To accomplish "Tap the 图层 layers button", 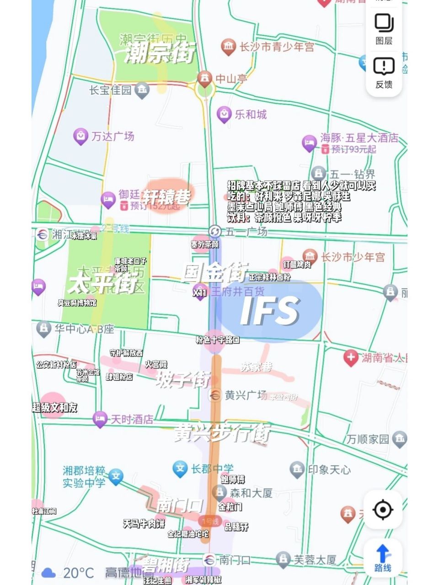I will (384, 28).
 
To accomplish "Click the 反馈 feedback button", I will (384, 72).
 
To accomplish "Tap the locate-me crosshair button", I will (383, 510).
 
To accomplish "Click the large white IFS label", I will (270, 311).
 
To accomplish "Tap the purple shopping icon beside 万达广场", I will (80, 136).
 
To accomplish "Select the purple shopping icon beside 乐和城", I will (224, 114).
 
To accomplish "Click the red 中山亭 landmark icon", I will (204, 78).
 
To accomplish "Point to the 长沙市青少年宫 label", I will (277, 47).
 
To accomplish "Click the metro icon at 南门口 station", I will (209, 559).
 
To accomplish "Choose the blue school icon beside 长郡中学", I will (180, 468).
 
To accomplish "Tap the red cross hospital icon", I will (351, 357).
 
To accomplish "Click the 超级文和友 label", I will (55, 407).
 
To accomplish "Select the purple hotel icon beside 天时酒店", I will (100, 419).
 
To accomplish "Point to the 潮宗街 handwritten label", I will (160, 53).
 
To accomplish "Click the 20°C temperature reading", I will (78, 573).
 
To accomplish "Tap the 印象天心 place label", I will (329, 469).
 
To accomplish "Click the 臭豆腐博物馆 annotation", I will (77, 303).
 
